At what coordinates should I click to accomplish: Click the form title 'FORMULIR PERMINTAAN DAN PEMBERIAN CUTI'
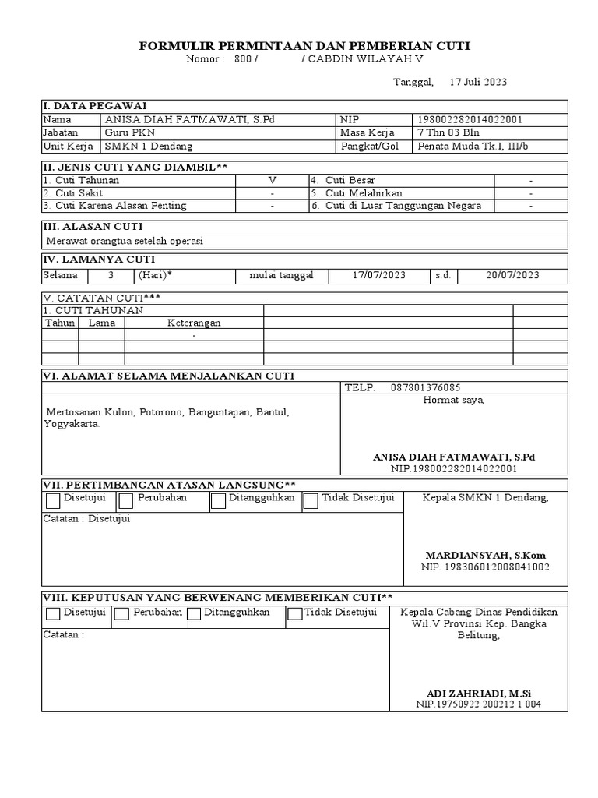pos(304,47)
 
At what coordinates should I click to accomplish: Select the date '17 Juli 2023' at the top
pos(478,82)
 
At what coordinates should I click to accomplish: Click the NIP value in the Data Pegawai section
pos(470,119)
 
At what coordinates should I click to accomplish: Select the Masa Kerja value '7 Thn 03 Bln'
pos(449,132)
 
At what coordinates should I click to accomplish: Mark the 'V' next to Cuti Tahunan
pos(273,180)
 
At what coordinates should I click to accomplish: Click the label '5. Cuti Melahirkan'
pos(354,193)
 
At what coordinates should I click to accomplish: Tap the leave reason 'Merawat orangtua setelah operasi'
pos(125,241)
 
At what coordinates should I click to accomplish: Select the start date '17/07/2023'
pos(379,275)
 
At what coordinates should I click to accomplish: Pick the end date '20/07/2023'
pos(512,275)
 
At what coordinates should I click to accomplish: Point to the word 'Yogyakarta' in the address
pos(71,425)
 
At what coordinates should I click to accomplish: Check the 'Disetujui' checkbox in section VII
pos(52,500)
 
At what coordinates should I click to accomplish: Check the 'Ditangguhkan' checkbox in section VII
pos(218,501)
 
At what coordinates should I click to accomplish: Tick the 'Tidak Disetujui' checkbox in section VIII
pos(294,614)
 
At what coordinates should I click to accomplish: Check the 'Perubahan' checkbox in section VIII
pos(121,614)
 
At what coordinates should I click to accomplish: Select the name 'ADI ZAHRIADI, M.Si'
pos(479,693)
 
